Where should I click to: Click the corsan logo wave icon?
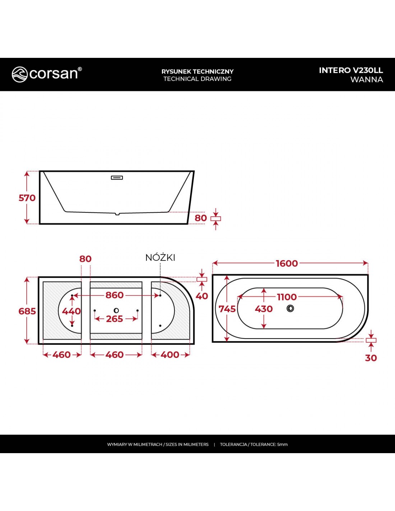tap(19, 74)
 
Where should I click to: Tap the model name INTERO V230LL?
tap(351, 70)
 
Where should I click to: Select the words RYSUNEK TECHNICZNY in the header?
tap(197, 71)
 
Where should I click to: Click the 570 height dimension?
tap(27, 198)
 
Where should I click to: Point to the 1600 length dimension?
tap(287, 263)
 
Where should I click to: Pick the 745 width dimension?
tap(227, 309)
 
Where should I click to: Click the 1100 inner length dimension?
tap(287, 297)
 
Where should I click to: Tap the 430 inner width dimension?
tap(264, 309)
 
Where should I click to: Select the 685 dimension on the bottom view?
tap(27, 311)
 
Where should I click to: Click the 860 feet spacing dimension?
tap(115, 295)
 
